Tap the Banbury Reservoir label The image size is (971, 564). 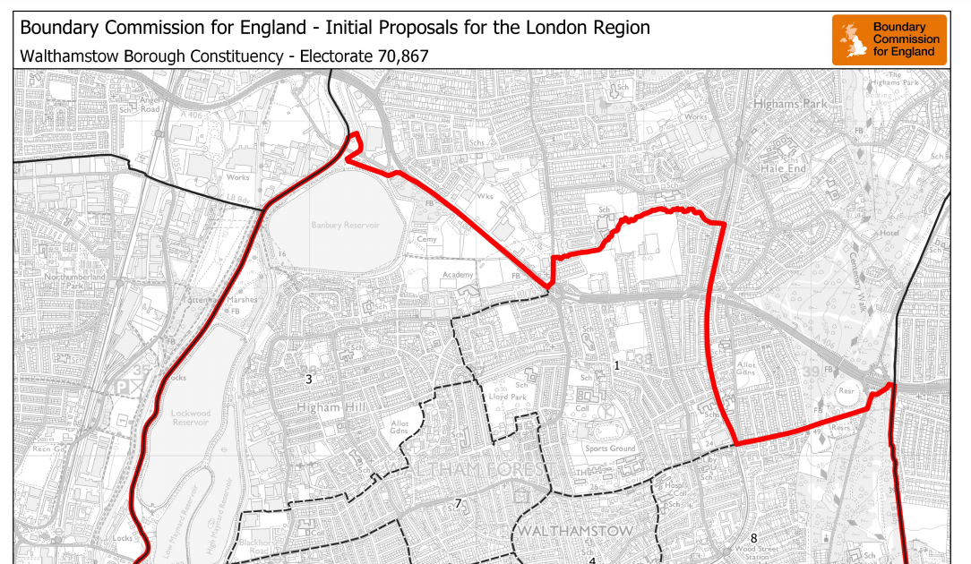pyautogui.click(x=345, y=226)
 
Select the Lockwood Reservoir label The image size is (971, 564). pyautogui.click(x=190, y=419)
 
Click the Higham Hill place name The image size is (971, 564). pyautogui.click(x=331, y=408)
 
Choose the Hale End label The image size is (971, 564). pyautogui.click(x=784, y=167)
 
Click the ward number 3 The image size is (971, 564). pyautogui.click(x=308, y=380)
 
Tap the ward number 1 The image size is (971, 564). pyautogui.click(x=616, y=365)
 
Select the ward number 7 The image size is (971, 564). pyautogui.click(x=458, y=504)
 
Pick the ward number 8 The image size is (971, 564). pyautogui.click(x=753, y=538)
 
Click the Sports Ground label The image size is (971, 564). pyautogui.click(x=610, y=449)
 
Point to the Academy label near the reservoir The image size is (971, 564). pyautogui.click(x=457, y=276)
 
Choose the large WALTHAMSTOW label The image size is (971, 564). pyautogui.click(x=575, y=531)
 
